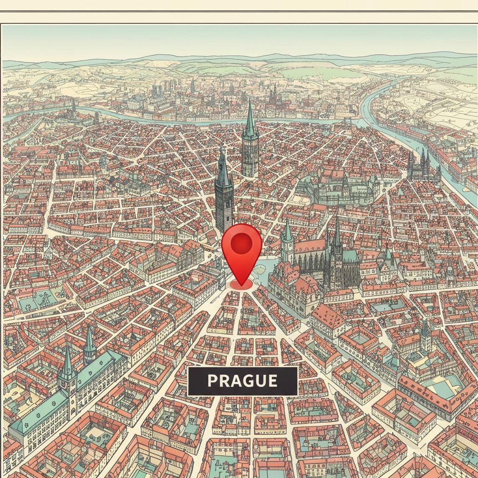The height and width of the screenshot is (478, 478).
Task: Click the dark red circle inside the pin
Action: coord(242,243)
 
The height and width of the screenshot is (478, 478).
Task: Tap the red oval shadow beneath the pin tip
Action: coord(241,284)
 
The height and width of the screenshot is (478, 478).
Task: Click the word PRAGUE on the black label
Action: coord(242,380)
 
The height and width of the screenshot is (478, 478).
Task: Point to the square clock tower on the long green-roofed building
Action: coord(68,378)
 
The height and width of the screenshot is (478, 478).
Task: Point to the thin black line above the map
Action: coord(239,11)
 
